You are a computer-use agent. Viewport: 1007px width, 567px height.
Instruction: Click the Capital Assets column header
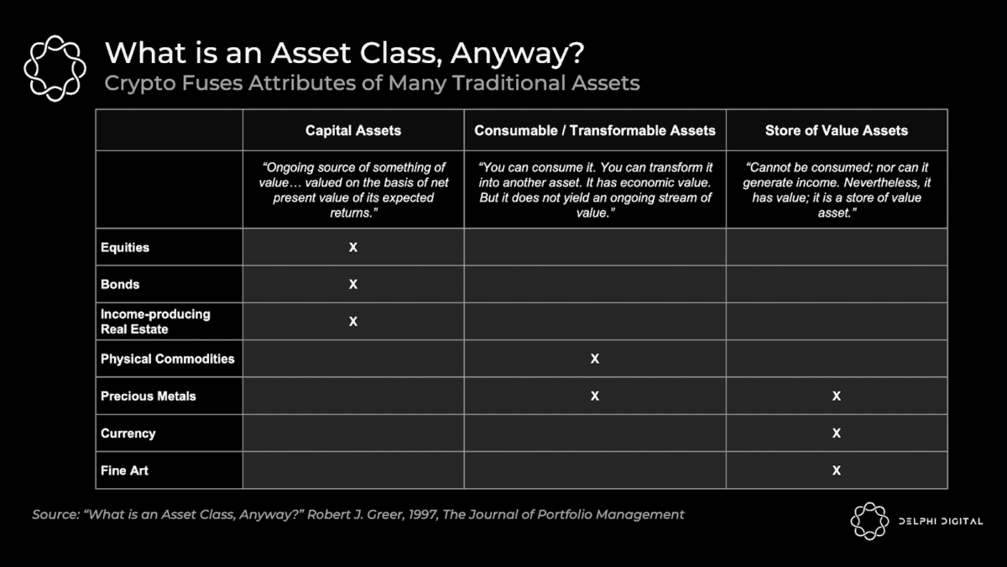tap(353, 130)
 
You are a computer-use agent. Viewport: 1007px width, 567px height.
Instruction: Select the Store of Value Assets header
tap(836, 130)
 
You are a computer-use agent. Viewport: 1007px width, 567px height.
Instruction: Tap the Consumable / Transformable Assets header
tap(595, 130)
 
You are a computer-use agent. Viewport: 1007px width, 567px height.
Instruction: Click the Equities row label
tap(125, 248)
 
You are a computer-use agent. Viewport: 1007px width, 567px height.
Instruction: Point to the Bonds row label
tap(120, 285)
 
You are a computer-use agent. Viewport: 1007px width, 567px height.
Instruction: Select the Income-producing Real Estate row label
tap(155, 321)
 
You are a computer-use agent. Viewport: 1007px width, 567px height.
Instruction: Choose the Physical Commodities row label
tap(168, 359)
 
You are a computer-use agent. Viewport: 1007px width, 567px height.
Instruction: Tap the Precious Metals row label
tap(149, 396)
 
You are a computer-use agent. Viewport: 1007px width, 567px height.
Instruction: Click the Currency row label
tap(128, 433)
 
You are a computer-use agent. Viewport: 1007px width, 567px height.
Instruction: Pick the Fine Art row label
tap(124, 470)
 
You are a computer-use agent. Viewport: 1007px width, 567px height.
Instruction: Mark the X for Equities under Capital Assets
tap(353, 247)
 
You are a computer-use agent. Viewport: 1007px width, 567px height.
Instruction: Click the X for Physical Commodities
tap(595, 359)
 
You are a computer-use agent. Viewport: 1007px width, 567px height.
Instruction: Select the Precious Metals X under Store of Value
tap(836, 396)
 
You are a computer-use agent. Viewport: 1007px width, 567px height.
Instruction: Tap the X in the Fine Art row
tap(836, 470)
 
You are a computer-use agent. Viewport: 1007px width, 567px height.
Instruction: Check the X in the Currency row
tap(836, 433)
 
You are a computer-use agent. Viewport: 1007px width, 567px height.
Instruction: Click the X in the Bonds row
tap(353, 285)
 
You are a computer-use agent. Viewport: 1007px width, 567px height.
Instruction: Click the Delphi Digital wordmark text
tap(941, 521)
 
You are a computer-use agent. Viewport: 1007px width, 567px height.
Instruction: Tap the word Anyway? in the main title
tap(517, 54)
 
